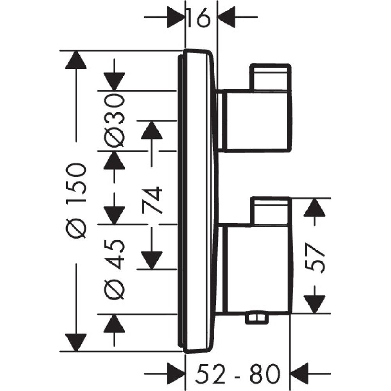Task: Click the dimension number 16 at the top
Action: coord(198,18)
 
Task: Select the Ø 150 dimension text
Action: coord(76,201)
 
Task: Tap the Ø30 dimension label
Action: coord(114,121)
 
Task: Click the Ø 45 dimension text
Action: coord(114,269)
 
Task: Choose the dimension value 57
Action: coord(315,258)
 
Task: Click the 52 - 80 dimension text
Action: coord(238,374)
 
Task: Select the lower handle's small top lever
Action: coord(270,211)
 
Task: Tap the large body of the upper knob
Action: coord(258,121)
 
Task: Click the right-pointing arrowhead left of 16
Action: coord(176,17)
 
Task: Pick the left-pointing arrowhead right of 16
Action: coord(226,17)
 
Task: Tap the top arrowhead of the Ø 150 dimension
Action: coord(76,59)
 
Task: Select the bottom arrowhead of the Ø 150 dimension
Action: coord(76,343)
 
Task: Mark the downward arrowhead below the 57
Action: coord(315,305)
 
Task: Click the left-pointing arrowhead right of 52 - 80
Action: coord(300,374)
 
